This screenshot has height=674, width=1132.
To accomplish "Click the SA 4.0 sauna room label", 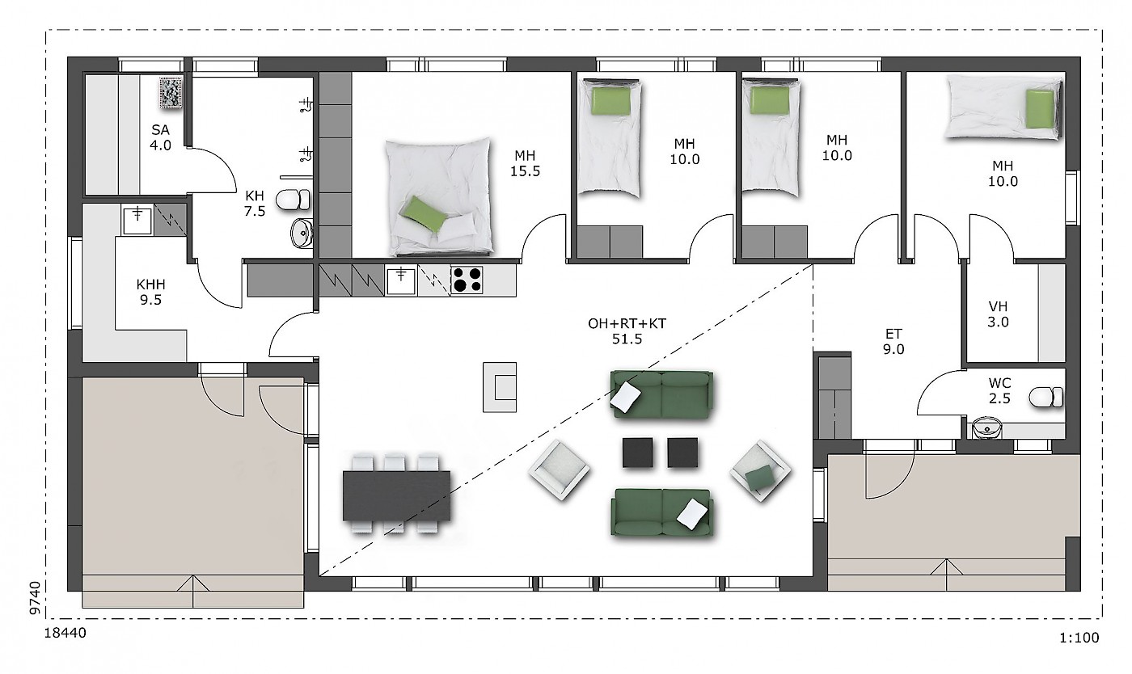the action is click(160, 137).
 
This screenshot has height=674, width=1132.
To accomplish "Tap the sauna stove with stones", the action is click(171, 92).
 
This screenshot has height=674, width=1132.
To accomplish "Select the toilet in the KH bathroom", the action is click(293, 200).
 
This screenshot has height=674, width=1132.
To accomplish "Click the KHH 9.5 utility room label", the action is click(150, 292).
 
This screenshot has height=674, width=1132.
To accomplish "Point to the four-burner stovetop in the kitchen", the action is click(467, 280).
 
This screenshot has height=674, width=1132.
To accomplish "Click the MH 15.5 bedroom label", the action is click(525, 163).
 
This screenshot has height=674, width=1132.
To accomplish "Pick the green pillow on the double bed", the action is click(423, 215).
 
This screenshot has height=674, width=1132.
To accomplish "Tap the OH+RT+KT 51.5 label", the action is click(627, 331).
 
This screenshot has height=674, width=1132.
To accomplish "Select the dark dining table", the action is click(397, 495).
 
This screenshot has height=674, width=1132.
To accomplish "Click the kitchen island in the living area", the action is click(500, 387).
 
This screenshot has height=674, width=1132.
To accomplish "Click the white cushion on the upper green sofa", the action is click(626, 395).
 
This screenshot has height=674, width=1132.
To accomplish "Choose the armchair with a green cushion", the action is click(760, 471).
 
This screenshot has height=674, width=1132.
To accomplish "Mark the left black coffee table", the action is click(638, 453).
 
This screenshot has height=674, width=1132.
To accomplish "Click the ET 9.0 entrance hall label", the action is click(893, 341).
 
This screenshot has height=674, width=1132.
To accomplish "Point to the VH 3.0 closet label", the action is click(998, 314).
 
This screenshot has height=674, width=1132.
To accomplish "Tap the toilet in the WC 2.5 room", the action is click(1045, 397).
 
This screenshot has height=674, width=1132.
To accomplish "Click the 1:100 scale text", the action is click(1079, 638).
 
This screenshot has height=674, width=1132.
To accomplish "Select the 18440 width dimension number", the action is click(65, 633).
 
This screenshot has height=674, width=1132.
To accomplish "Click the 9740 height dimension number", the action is click(35, 598).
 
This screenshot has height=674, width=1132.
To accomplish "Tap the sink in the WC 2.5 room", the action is click(986, 428).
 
